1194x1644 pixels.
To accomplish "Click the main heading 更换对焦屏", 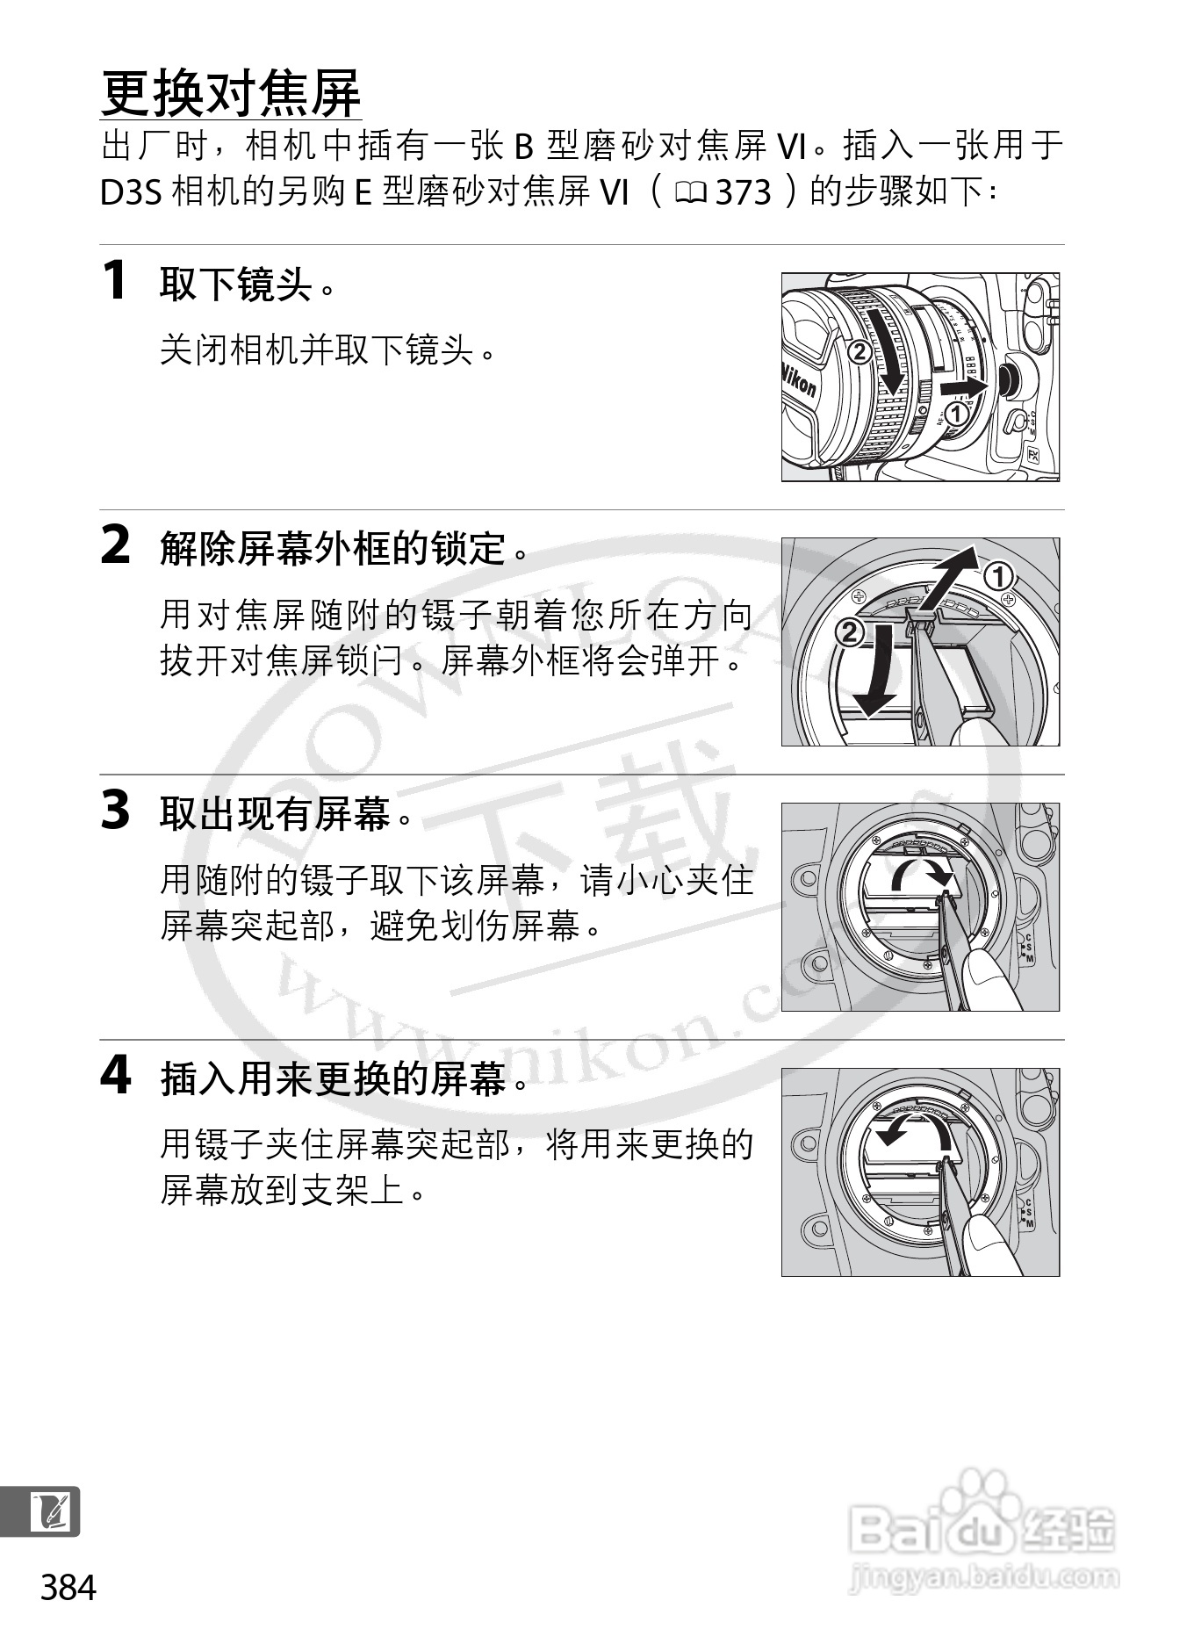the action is pos(231,92).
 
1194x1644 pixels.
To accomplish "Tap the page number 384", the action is pos(68,1588).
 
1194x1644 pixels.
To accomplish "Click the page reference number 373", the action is pos(744,192).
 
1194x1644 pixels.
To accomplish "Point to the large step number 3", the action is pos(116,810).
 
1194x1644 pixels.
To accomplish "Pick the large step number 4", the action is pos(116,1075).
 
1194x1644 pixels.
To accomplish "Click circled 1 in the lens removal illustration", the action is pos(957,412).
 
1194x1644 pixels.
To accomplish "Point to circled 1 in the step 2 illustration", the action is pos(998,577).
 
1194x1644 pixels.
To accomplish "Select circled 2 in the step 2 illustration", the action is pos(850,632).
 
